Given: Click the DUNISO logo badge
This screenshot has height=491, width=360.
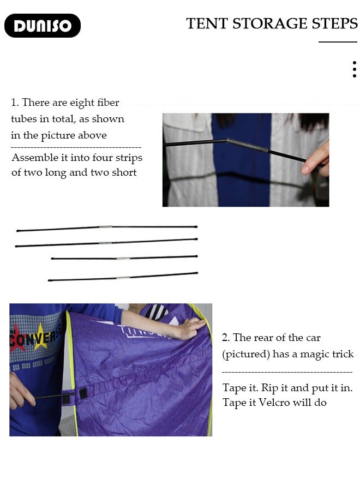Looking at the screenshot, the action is (43, 26).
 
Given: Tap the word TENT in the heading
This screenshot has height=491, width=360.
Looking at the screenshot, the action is (207, 23).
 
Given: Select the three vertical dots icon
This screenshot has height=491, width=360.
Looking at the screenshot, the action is (355, 69).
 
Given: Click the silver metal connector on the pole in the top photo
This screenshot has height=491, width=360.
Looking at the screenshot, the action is (248, 146).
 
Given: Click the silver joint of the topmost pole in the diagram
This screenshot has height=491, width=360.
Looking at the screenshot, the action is (105, 227).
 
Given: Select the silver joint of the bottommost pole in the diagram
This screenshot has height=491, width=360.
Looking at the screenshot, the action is (123, 278).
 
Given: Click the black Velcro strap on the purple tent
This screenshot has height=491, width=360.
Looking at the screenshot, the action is (83, 393).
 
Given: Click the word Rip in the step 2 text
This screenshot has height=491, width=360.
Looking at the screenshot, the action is (269, 388).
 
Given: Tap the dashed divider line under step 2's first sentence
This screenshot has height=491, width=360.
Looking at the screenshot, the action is (287, 372).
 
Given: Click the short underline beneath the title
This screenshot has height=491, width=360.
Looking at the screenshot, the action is (338, 41).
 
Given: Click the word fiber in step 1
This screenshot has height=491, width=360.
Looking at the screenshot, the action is (108, 103).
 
